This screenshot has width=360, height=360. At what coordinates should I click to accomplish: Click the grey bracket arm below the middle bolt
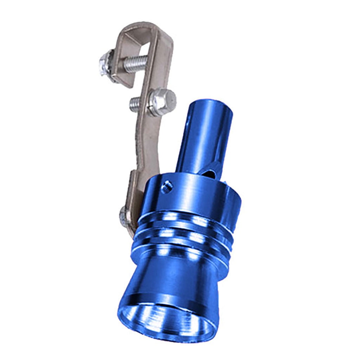[144, 141]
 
